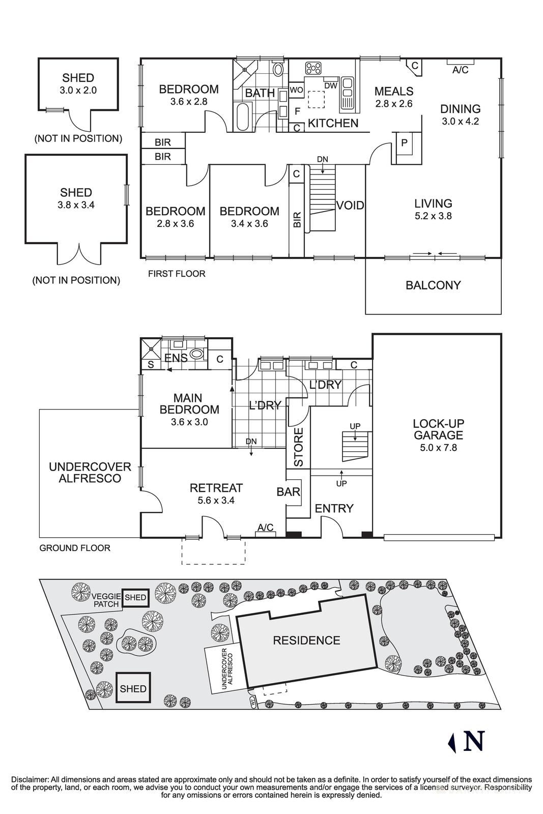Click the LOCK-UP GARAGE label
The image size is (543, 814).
point(438,429)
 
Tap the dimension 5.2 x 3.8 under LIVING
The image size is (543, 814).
point(433,216)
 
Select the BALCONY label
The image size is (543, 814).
point(433,285)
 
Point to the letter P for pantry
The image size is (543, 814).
point(404,143)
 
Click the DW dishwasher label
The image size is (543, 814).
point(331,85)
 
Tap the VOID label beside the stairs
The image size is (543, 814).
point(350,206)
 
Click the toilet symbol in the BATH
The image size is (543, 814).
point(278,69)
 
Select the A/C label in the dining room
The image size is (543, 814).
point(460,70)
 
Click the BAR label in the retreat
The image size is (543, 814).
point(288,492)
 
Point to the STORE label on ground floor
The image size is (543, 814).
point(299,448)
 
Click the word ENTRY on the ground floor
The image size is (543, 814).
point(334,508)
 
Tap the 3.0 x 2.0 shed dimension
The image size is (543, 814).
point(78,91)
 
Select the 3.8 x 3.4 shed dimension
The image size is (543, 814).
point(76,205)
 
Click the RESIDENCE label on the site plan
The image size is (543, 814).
point(306,641)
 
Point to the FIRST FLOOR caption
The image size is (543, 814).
point(177,274)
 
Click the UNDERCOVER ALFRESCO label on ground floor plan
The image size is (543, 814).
point(90,473)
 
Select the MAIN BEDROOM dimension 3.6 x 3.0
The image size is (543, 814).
point(189,422)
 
